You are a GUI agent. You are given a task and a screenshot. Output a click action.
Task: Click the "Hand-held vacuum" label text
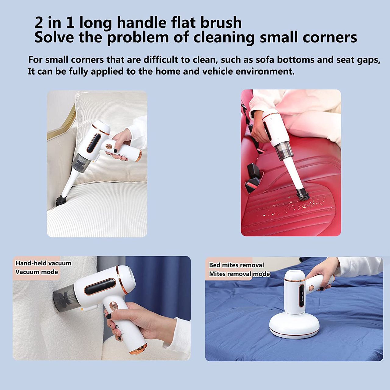pyautogui.click(x=44, y=263)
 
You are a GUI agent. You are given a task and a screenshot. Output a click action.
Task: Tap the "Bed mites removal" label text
pyautogui.click(x=237, y=265)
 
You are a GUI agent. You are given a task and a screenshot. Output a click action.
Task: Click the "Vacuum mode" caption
pyautogui.click(x=37, y=272)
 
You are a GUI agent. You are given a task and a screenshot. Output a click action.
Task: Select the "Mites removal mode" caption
pyautogui.click(x=239, y=274)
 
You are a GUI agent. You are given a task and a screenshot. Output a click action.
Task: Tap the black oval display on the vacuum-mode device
pyautogui.click(x=100, y=287)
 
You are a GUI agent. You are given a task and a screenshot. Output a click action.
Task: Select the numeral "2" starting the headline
pyautogui.click(x=39, y=23)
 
